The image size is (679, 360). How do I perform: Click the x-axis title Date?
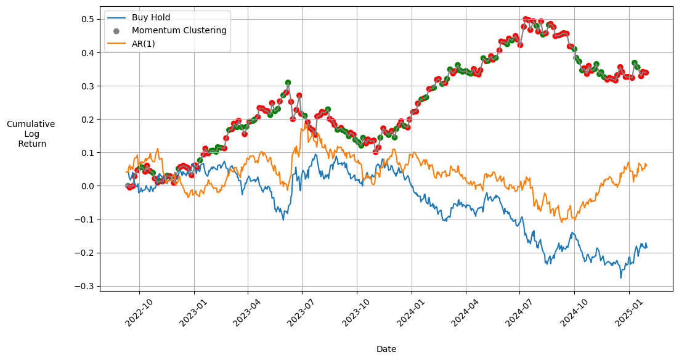point(386,349)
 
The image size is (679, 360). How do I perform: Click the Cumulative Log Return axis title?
point(31,134)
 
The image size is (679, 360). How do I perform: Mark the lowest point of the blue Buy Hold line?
point(621,278)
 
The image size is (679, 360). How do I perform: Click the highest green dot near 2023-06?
point(288,83)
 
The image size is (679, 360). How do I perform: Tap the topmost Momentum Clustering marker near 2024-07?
point(526,20)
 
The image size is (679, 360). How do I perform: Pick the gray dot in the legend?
point(116,31)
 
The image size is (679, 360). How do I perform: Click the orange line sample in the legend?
point(116,43)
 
